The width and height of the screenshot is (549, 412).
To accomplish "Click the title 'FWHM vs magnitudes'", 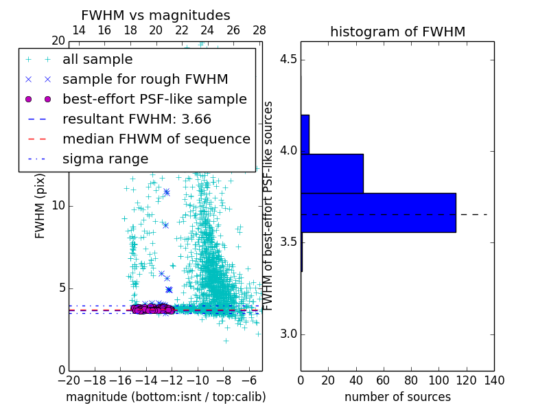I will point(155,15).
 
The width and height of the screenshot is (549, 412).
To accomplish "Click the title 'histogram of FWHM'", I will point(397,32).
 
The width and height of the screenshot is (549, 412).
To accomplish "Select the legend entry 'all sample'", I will point(97,60).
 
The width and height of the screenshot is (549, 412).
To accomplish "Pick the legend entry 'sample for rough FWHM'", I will point(145,80).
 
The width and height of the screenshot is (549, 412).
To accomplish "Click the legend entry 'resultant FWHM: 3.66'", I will point(137,119).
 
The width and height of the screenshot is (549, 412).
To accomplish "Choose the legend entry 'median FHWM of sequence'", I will point(156,139).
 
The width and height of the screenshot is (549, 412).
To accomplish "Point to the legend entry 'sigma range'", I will point(105,159).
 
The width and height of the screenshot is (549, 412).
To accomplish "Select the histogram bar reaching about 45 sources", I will point(332,173).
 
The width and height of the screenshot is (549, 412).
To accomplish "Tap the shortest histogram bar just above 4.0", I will point(305,134).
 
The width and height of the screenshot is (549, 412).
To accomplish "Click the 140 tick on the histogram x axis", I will point(494,380).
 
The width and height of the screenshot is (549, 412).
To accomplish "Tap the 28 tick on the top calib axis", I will point(259,31).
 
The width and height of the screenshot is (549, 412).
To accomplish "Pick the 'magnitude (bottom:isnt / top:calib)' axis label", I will point(165,397).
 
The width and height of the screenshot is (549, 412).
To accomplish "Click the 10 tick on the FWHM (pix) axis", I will point(58,206).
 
